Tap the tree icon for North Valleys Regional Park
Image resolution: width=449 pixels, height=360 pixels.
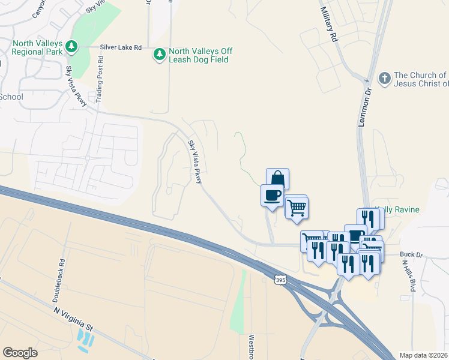pos(71,46)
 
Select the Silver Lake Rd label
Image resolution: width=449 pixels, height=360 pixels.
pos(121,47)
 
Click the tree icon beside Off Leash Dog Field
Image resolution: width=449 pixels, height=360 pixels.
pos(160,55)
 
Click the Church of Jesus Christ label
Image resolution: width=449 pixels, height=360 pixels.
pos(420,79)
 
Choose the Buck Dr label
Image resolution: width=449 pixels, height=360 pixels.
pos(412,254)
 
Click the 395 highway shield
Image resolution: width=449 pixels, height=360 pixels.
pos(280,280)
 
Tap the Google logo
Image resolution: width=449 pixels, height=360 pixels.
pos(20,353)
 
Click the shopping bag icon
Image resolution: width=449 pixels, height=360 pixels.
pos(277,178)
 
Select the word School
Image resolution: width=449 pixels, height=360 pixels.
pos(11,97)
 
